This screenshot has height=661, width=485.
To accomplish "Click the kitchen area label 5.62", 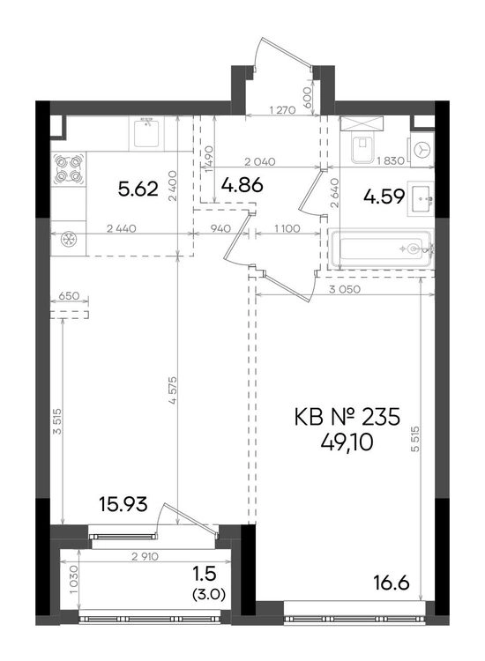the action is (138, 189).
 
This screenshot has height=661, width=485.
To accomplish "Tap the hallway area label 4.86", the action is (242, 185).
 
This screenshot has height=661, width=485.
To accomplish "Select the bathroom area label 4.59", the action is (384, 197).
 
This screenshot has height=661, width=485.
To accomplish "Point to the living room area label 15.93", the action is (123, 504).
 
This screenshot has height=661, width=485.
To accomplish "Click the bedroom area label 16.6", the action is (392, 583).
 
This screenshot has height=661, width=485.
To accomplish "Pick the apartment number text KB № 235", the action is (347, 418).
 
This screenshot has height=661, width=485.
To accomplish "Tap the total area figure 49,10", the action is (347, 442).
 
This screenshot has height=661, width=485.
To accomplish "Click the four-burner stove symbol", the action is (68, 169).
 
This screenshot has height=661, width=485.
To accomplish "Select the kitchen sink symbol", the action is (146, 133).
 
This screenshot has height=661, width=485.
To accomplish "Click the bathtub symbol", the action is (380, 249).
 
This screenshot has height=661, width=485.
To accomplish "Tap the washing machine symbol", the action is (422, 149).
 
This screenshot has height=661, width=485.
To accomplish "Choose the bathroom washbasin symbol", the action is (421, 198).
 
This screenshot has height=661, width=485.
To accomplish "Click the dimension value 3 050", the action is (345, 289).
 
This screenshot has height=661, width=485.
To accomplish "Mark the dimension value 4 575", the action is (172, 390).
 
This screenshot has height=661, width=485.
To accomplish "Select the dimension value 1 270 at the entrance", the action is (282, 110).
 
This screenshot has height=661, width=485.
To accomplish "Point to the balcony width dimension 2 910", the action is (145, 556).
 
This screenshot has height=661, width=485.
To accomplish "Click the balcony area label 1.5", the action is (204, 574).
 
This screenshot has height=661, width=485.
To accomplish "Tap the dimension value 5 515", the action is (415, 439).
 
